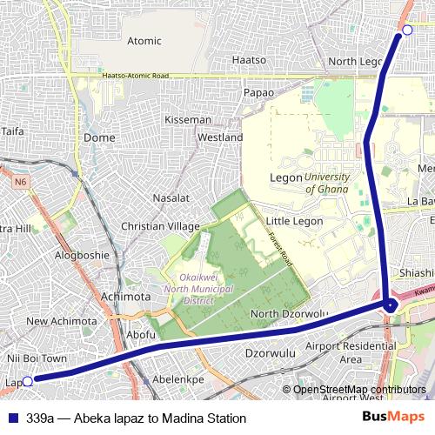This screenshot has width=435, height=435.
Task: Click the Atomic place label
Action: click(144, 41)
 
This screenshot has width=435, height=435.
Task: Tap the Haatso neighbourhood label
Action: click(251, 60)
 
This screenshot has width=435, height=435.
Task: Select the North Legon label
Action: click(355, 62)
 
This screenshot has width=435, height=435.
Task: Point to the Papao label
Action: click(258, 92)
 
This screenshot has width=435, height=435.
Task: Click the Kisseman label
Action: click(188, 119)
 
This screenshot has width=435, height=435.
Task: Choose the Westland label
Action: click(220, 137)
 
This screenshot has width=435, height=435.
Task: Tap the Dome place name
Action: click(99, 137)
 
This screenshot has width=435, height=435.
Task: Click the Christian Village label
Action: click(160, 226)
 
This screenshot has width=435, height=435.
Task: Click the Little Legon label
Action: click(294, 221)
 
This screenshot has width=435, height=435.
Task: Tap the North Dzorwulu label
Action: click(288, 314)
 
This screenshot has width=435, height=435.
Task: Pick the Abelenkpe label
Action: click(177, 379)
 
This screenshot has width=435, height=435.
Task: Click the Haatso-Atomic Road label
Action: click(135, 76)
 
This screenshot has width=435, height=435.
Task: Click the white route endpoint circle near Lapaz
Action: click(27, 380)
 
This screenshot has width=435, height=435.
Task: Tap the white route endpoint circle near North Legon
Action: click(407, 30)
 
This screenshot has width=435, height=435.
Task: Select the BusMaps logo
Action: click(393, 418)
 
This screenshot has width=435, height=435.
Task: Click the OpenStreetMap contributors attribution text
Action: click(358, 389)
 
